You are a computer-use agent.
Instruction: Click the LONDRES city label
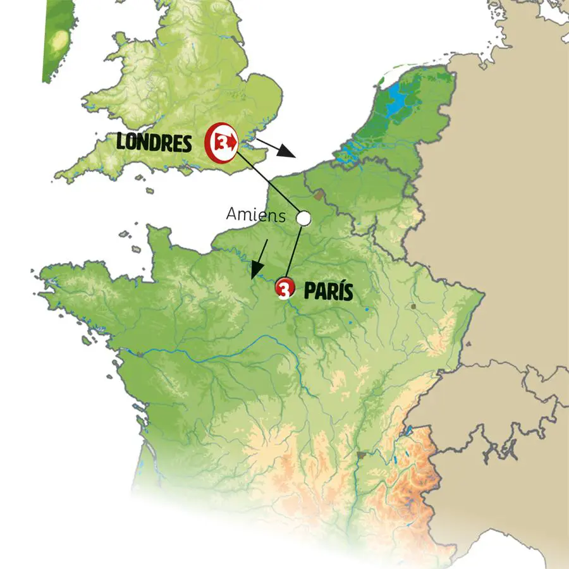(x=154, y=143)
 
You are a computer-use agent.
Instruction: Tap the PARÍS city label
(x=328, y=291)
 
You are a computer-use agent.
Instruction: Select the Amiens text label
(x=255, y=216)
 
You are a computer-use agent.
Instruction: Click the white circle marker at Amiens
(x=303, y=218)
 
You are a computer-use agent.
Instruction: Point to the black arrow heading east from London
(x=278, y=149)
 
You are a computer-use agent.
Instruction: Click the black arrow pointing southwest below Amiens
(x=259, y=259)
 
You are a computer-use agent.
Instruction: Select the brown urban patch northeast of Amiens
(x=319, y=194)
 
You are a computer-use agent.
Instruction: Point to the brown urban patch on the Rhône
(x=361, y=454)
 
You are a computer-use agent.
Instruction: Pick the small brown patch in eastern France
(x=413, y=306)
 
